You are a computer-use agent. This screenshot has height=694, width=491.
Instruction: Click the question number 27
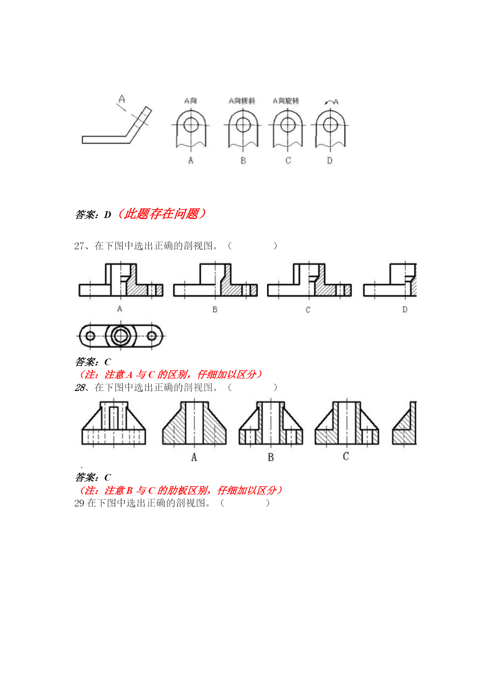pyautogui.click(x=79, y=246)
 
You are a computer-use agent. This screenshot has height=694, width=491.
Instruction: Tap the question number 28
pyautogui.click(x=80, y=387)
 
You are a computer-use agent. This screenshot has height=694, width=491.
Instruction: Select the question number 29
pyautogui.click(x=79, y=503)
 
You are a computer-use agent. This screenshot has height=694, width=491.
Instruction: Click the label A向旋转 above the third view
pyautogui.click(x=286, y=101)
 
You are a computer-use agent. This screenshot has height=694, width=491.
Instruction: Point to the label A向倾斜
pyautogui.click(x=242, y=101)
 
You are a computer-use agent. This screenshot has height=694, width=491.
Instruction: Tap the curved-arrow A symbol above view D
pyautogui.click(x=332, y=102)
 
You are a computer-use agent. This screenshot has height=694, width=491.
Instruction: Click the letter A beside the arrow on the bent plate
pyautogui.click(x=122, y=99)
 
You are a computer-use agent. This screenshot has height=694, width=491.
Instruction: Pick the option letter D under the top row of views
pyautogui.click(x=330, y=161)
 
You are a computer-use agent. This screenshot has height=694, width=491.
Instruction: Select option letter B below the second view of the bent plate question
pyautogui.click(x=243, y=161)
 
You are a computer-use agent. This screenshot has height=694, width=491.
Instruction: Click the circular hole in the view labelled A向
pyautogui.click(x=191, y=125)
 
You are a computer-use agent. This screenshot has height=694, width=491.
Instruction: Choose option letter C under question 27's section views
pyautogui.click(x=308, y=310)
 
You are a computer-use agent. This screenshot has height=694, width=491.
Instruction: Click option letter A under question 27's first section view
pyautogui.click(x=119, y=309)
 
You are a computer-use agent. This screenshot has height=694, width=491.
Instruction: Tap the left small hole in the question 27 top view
pyautogui.click(x=90, y=336)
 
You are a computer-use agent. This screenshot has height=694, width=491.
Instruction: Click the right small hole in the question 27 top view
pyautogui.click(x=152, y=336)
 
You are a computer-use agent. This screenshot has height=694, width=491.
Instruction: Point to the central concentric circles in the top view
pyautogui.click(x=121, y=336)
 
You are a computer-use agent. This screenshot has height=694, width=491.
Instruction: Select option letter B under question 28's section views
pyautogui.click(x=271, y=457)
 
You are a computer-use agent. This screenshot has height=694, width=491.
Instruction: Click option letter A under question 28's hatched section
pyautogui.click(x=194, y=457)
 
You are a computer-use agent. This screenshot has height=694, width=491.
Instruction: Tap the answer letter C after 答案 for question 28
pyautogui.click(x=108, y=478)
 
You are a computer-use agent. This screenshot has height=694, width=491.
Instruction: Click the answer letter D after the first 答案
pyautogui.click(x=108, y=215)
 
